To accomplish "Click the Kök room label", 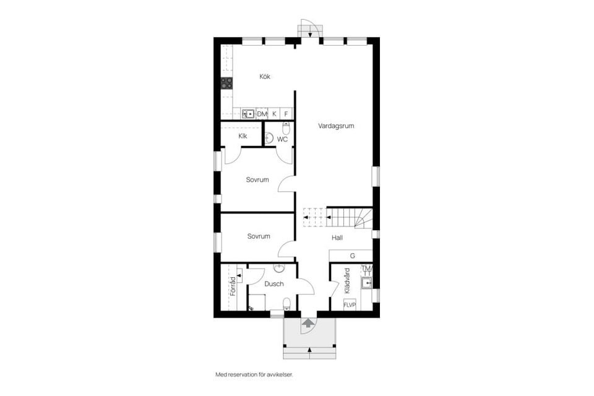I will (x=265, y=77).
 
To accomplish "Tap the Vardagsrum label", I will (x=336, y=126).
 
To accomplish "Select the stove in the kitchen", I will (x=227, y=84).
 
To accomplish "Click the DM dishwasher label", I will (x=262, y=114).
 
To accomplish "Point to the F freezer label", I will (x=286, y=114).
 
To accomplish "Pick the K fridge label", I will (x=274, y=114).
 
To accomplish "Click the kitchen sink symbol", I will (x=247, y=113).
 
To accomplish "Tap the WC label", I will (x=282, y=139).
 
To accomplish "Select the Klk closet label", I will (x=243, y=136).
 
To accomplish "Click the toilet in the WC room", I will (x=286, y=128).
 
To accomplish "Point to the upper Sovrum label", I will (x=257, y=180).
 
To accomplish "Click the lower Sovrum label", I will (x=258, y=236).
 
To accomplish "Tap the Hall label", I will (x=337, y=237).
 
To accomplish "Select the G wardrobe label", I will (x=352, y=256).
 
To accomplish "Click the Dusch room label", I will (x=273, y=284).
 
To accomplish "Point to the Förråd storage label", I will (x=233, y=289).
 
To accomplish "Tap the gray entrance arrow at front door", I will (x=308, y=322).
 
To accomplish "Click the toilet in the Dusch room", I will (x=286, y=303).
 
